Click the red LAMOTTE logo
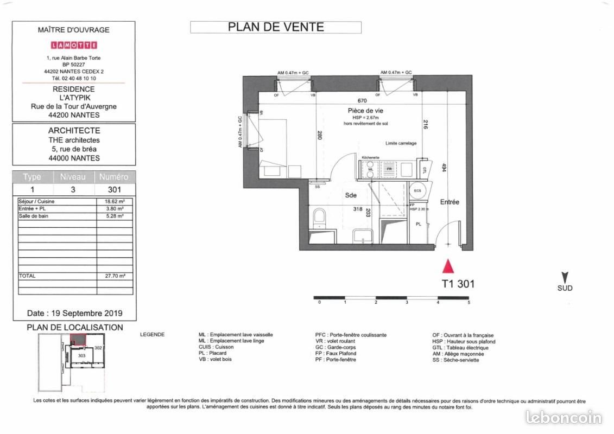point(73,44)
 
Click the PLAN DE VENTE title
point(276,27)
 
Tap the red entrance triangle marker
point(448,266)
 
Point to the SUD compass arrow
point(565,278)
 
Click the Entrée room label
point(450,202)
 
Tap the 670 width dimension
point(363,100)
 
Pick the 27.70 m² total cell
point(115,276)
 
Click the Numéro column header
point(114,177)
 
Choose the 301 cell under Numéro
point(114,190)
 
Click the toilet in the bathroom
point(319,216)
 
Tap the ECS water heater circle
point(417,191)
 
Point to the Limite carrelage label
point(401,143)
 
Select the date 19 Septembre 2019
point(75,313)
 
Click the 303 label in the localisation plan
point(82,355)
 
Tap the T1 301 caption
point(458,283)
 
